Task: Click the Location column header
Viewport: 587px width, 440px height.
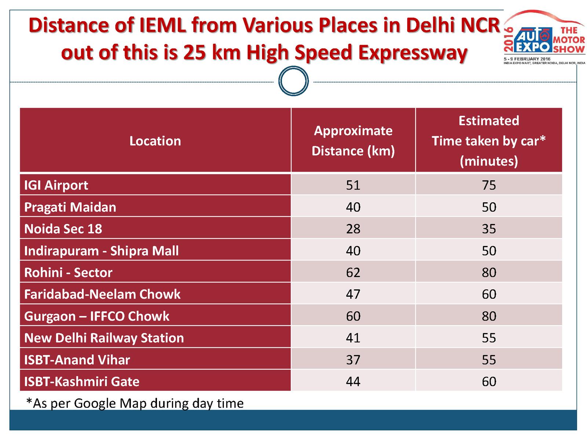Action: [x=155, y=141]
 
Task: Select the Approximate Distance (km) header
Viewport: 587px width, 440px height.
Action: [x=353, y=141]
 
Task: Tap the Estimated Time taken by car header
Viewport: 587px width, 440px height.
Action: [x=489, y=141]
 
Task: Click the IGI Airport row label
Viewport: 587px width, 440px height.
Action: [x=56, y=185]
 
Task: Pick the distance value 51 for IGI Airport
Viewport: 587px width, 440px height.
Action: [x=353, y=185]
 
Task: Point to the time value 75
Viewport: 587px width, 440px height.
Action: [x=489, y=185]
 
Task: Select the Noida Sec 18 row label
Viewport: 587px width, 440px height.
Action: [x=63, y=229]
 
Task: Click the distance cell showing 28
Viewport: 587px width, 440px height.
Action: [x=353, y=229]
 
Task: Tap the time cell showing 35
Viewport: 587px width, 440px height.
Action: [x=489, y=229]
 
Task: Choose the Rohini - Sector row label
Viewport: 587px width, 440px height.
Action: [x=68, y=272]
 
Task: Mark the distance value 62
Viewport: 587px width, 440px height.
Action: [x=353, y=272]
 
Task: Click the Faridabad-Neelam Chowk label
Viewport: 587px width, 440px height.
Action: [x=102, y=294]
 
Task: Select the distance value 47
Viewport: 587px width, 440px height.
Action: [x=353, y=294]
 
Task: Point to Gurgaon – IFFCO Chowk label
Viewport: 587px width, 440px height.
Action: [x=97, y=316]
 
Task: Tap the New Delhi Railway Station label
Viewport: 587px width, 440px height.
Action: [x=104, y=338]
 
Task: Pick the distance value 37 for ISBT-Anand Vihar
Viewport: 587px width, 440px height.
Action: [x=353, y=360]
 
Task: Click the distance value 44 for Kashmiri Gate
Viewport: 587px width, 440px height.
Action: [x=353, y=381]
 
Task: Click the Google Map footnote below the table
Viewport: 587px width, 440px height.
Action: [x=135, y=403]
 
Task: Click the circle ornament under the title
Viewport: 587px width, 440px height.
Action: [x=293, y=81]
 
